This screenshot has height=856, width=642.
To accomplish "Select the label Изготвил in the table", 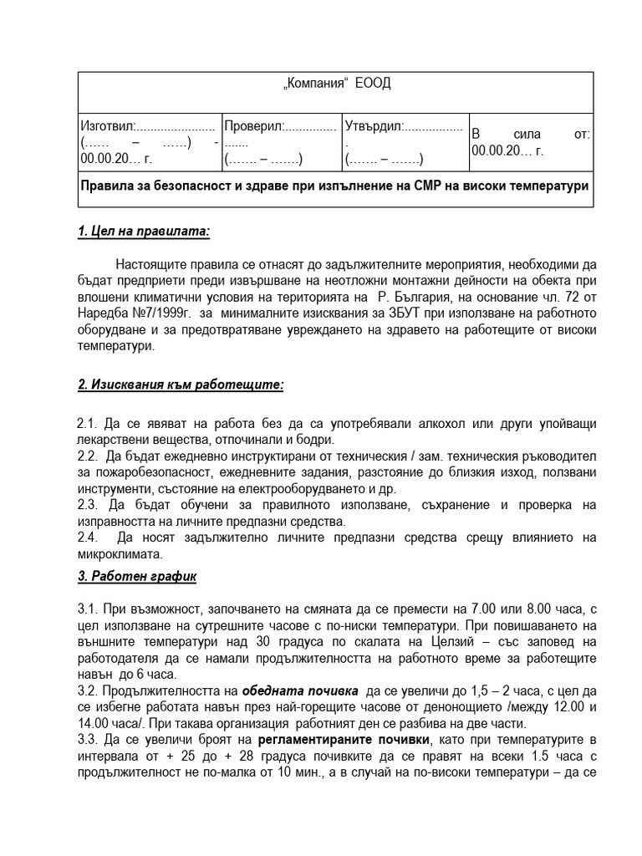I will point(105,126).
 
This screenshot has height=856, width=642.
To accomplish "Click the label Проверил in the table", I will point(254,126).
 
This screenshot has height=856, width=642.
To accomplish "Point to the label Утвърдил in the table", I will point(373,126).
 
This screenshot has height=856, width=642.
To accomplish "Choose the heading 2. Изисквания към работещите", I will point(181,385).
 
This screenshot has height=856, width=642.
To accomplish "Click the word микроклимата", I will point(117,554).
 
